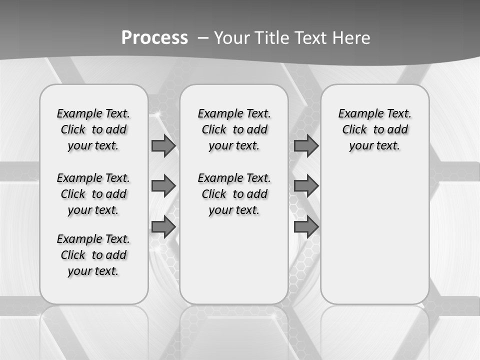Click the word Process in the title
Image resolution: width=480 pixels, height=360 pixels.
pos(154,37)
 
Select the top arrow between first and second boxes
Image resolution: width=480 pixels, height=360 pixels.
pos(163,146)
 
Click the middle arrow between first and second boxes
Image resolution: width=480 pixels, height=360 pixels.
pos(163,186)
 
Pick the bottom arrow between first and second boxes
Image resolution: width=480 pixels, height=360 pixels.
pos(163,227)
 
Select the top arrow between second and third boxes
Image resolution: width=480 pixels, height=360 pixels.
pos(306,146)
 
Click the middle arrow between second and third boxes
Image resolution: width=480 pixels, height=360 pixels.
pos(306,186)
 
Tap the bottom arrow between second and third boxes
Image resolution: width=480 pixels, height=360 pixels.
pos(306,227)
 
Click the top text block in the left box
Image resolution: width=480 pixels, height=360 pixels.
pos(93,129)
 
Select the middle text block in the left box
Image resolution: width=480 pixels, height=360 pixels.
pos(93,194)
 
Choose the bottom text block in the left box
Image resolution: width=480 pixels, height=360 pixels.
pos(93,255)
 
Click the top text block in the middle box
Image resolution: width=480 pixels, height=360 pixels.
pos(234,129)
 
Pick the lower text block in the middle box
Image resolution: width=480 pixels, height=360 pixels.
pos(234,194)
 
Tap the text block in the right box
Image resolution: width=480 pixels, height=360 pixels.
pos(374,129)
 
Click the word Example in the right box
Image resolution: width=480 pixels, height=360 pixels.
pos(356,114)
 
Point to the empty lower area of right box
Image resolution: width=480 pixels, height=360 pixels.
pos(374,235)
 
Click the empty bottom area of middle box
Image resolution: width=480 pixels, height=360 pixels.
pos(234,265)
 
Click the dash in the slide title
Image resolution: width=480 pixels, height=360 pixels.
pos(203,37)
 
